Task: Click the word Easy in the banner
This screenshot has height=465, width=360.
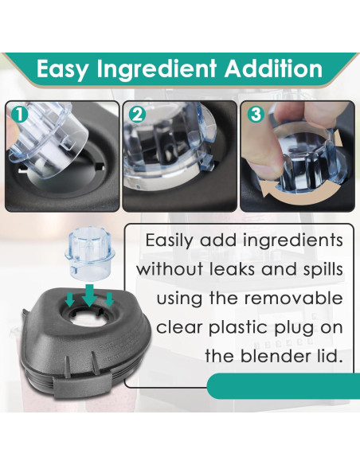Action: pos(62,69)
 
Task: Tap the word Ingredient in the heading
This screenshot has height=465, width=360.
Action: pos(157,69)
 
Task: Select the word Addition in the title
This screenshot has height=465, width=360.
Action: pos(273,68)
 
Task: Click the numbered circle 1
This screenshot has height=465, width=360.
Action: pos(19,115)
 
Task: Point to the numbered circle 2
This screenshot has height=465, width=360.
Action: pos(137,115)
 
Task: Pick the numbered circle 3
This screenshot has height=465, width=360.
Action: pos(256,115)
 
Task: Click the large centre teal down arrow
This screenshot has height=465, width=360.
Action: pos(89,295)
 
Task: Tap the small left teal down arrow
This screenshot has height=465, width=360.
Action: pos(69,299)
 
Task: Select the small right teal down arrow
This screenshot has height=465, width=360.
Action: pos(109,299)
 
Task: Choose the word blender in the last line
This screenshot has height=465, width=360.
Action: pos(273,356)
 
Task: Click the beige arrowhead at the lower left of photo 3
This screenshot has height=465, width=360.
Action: pos(268,190)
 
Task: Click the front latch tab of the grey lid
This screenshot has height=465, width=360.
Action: pos(83,387)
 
